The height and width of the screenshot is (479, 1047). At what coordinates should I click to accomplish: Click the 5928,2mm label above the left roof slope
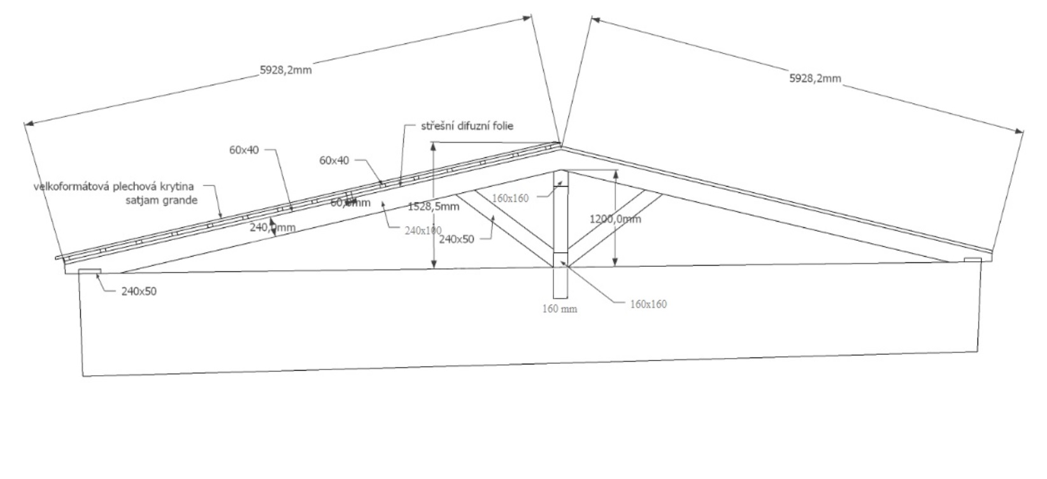click(x=285, y=70)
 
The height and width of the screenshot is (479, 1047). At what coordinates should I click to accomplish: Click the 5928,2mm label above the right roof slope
click(x=815, y=78)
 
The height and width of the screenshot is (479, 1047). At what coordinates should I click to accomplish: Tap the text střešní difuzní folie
click(x=467, y=126)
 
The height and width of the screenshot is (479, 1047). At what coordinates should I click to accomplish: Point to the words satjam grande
click(x=161, y=200)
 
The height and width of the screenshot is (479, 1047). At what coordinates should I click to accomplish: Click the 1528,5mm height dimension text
click(x=434, y=206)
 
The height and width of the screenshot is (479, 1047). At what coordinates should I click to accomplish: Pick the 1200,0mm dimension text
click(x=615, y=219)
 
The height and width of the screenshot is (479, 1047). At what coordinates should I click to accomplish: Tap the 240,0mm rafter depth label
click(x=272, y=227)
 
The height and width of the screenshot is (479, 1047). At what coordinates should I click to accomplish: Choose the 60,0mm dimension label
click(x=350, y=203)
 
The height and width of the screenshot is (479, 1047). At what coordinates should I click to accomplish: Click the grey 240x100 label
click(x=423, y=231)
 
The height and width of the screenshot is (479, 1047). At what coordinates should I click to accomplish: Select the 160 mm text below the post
click(x=559, y=309)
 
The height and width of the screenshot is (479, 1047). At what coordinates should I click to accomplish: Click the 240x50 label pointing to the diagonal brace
click(x=456, y=240)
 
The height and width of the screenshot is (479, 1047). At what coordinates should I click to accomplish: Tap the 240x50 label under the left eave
click(x=138, y=292)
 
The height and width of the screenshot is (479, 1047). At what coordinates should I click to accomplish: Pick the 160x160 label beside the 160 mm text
click(x=648, y=304)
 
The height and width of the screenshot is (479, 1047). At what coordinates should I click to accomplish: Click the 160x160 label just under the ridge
click(x=510, y=198)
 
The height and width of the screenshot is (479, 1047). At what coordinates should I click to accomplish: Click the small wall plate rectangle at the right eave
click(x=972, y=259)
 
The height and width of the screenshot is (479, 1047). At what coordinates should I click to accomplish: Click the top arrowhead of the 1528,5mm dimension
click(x=434, y=146)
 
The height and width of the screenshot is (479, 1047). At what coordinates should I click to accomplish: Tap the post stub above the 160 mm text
click(x=560, y=283)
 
